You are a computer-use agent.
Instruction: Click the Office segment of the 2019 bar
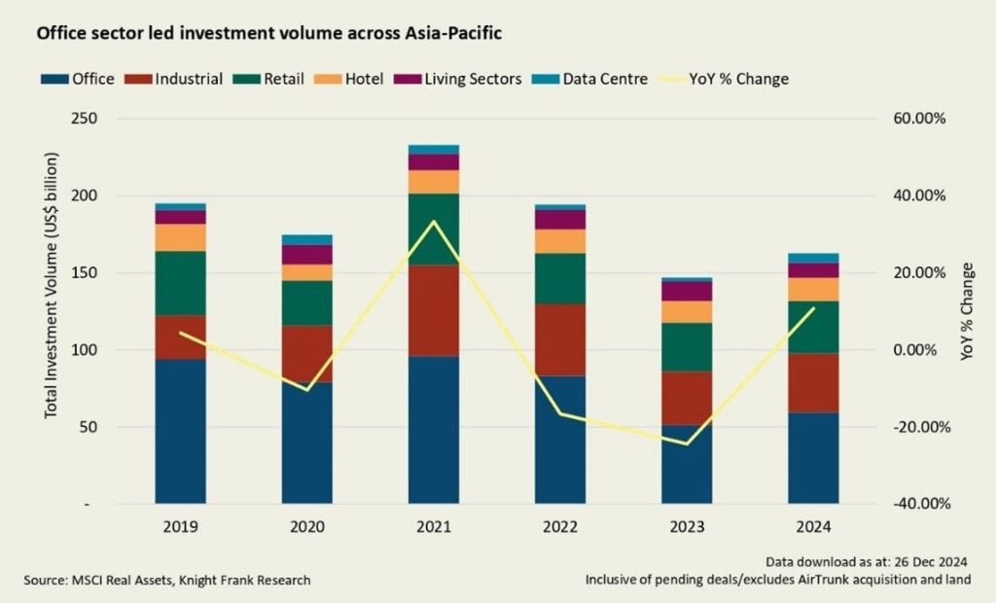[x=181, y=431]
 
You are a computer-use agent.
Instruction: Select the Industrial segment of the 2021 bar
[x=434, y=310]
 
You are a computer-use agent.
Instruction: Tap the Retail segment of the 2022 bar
[x=560, y=278]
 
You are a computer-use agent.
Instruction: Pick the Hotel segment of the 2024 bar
[x=814, y=289]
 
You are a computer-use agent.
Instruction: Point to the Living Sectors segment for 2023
[x=687, y=291]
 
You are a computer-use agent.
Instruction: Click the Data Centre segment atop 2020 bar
[x=307, y=239]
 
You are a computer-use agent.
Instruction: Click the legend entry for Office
[x=78, y=79]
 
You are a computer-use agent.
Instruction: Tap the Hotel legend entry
[x=354, y=79]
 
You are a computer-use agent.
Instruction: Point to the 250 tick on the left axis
[x=100, y=119]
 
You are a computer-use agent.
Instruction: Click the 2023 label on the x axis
[x=687, y=528]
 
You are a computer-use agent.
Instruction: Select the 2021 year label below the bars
[x=434, y=528]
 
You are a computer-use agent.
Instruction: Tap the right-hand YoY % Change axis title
[x=967, y=311]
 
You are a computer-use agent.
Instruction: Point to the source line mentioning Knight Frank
[x=168, y=580]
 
